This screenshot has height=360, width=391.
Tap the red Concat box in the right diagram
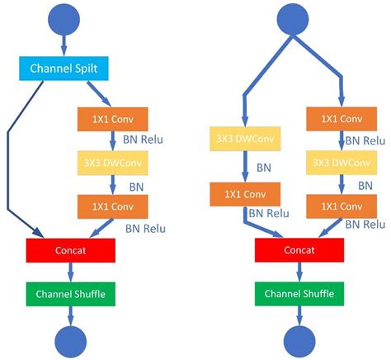300,249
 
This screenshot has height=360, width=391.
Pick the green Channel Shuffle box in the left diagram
70,292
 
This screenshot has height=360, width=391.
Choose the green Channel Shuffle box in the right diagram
300,292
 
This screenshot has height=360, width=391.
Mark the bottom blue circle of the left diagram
70,339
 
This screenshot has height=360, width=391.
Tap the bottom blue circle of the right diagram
300,339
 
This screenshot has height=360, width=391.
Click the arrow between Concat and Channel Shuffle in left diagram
70,271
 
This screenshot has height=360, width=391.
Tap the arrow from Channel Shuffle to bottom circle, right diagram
300,314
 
